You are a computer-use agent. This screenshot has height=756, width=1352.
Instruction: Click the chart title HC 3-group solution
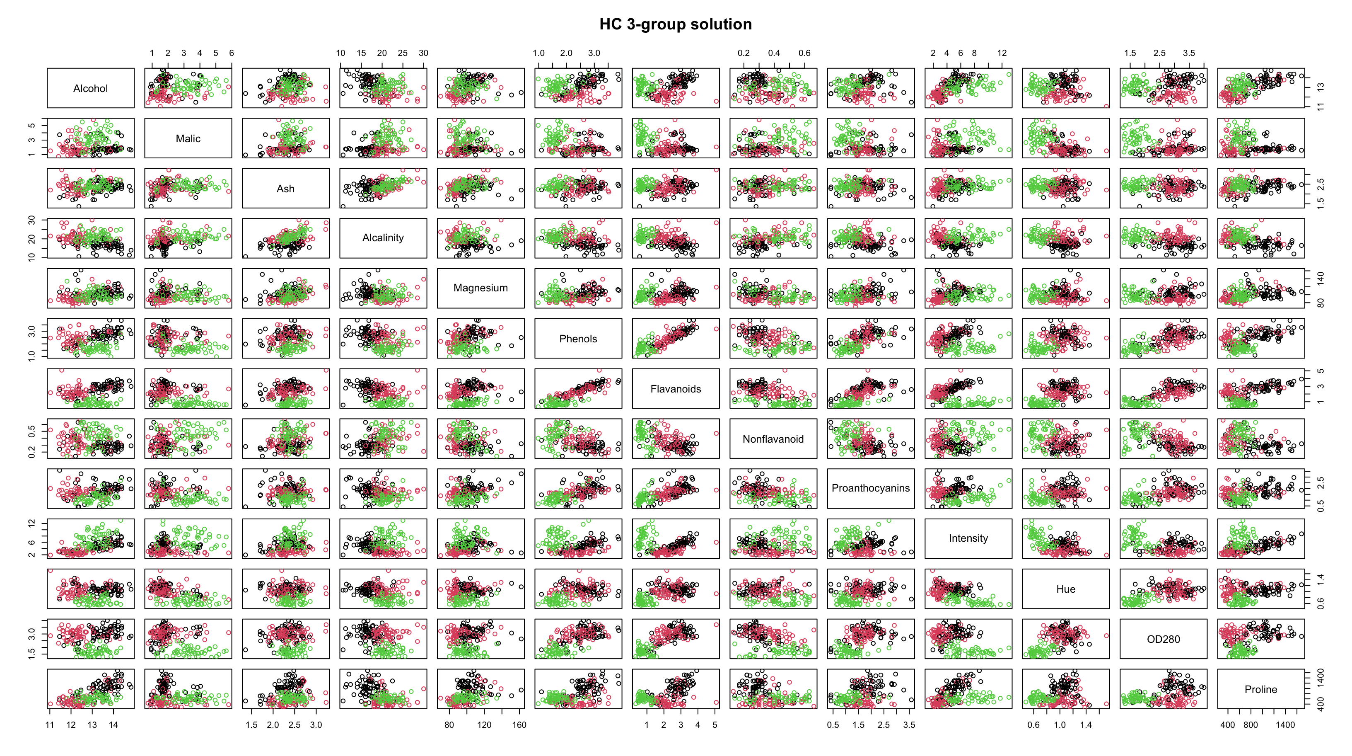pyautogui.click(x=676, y=24)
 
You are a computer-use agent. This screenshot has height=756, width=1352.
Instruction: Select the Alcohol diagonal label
pyautogui.click(x=90, y=89)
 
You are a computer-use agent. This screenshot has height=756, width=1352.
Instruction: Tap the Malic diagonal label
pyautogui.click(x=188, y=138)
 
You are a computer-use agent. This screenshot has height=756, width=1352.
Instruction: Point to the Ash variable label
pyautogui.click(x=285, y=189)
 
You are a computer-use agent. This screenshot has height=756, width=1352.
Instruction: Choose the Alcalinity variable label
pyautogui.click(x=383, y=238)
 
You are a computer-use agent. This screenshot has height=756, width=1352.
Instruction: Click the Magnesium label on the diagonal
pyautogui.click(x=481, y=288)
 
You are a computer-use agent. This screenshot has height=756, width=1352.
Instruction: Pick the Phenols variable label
pyautogui.click(x=578, y=339)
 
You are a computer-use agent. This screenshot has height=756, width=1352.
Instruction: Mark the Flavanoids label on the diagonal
pyautogui.click(x=676, y=389)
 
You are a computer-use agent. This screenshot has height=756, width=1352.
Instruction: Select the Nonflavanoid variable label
pyautogui.click(x=773, y=439)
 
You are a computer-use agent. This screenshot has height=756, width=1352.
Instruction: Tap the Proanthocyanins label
pyautogui.click(x=871, y=488)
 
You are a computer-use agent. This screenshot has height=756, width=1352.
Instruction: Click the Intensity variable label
pyautogui.click(x=968, y=538)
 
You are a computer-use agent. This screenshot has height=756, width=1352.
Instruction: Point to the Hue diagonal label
pyautogui.click(x=1066, y=589)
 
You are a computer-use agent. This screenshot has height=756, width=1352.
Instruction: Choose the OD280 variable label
pyautogui.click(x=1164, y=639)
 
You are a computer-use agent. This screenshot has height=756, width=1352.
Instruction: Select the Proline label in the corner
pyautogui.click(x=1261, y=689)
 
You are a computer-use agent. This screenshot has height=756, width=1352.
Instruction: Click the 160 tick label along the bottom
pyautogui.click(x=519, y=725)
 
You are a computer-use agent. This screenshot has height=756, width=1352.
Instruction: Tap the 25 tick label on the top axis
pyautogui.click(x=403, y=53)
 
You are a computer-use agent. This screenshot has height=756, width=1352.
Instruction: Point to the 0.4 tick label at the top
pyautogui.click(x=774, y=53)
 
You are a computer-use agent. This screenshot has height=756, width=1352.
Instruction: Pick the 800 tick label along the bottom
pyautogui.click(x=1250, y=725)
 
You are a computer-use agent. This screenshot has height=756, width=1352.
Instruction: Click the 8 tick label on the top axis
pyautogui.click(x=974, y=53)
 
